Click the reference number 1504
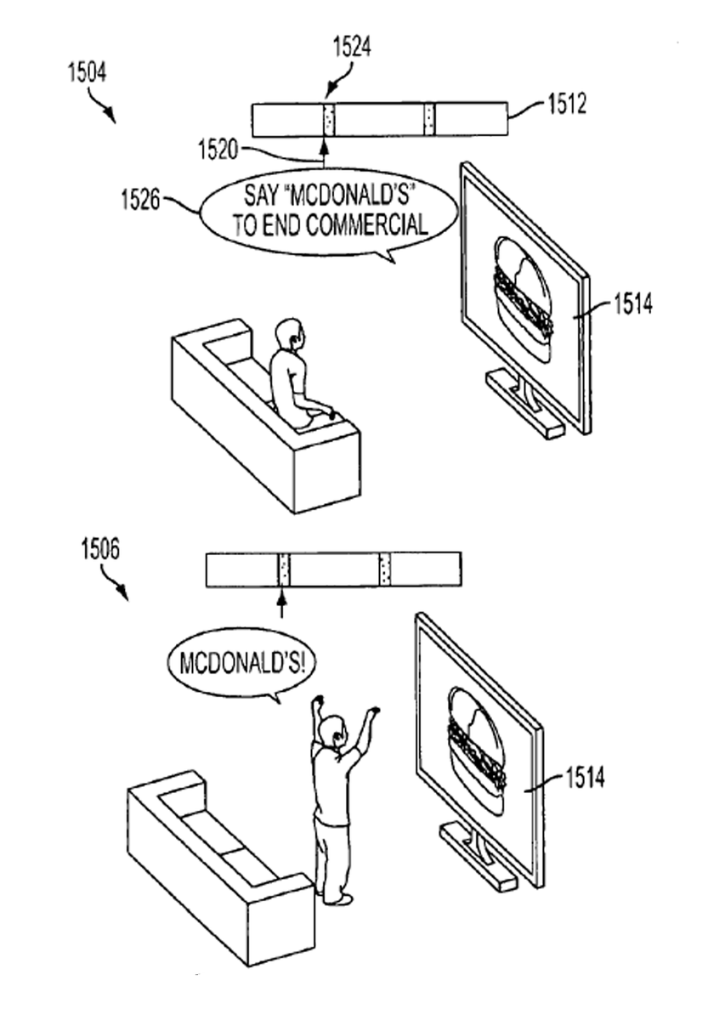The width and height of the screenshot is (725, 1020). (x=87, y=73)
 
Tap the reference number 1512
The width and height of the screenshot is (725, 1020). (x=566, y=105)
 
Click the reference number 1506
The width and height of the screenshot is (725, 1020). (x=100, y=549)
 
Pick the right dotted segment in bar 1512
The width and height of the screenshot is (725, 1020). (x=429, y=120)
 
